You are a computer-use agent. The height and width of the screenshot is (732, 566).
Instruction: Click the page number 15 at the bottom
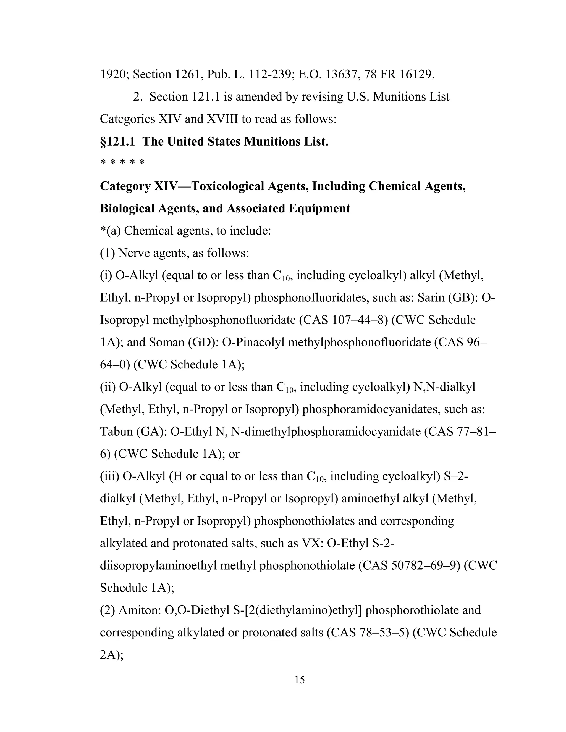click(299, 680)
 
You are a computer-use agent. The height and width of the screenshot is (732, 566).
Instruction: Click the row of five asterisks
click(122, 162)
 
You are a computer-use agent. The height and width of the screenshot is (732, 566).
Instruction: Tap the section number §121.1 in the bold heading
click(117, 141)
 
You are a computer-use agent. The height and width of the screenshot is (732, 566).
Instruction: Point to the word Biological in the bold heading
click(127, 209)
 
